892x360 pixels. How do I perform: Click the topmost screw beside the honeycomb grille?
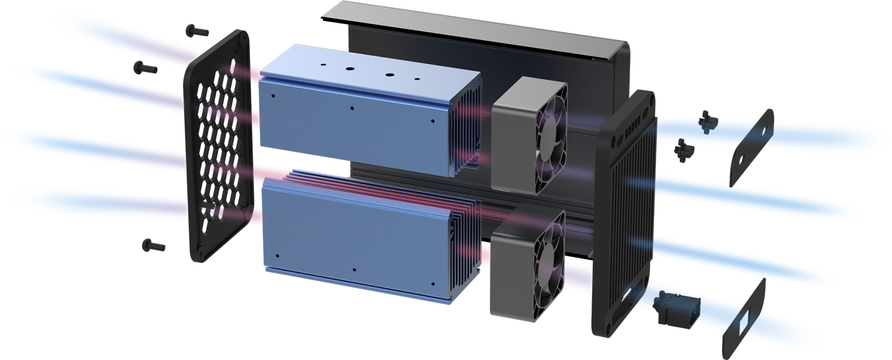[197, 30]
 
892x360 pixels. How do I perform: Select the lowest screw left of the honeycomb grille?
[153, 245]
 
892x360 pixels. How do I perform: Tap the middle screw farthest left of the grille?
[146, 68]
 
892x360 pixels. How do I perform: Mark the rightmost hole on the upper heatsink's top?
[417, 78]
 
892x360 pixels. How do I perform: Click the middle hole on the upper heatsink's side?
[352, 108]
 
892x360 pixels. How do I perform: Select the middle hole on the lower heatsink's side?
[355, 270]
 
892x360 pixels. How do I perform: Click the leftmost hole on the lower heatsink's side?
[277, 256]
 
